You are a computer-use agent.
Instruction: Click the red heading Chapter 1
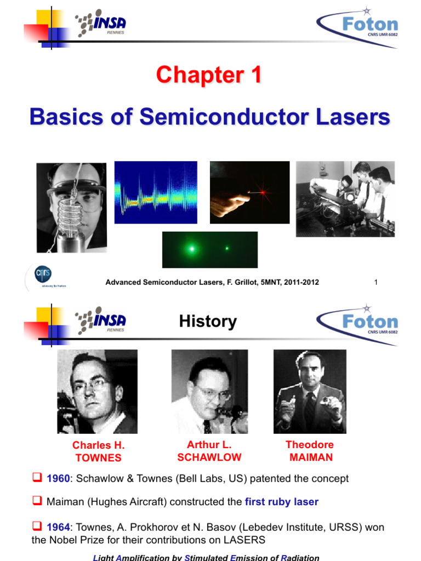coord(209,75)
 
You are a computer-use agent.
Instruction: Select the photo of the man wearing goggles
coord(71,208)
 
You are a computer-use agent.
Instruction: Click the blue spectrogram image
coord(156,192)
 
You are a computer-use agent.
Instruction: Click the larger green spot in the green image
coord(191,249)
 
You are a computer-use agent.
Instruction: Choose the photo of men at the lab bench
coord(345,199)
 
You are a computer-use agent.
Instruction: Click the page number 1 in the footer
coord(376,282)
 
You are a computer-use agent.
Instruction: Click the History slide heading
coord(208,322)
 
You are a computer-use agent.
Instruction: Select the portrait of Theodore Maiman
coord(310,392)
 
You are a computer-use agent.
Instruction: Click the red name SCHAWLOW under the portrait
coord(209,457)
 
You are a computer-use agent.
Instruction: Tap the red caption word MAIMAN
coord(310,457)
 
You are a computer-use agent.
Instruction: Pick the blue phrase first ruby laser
coord(281,501)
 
